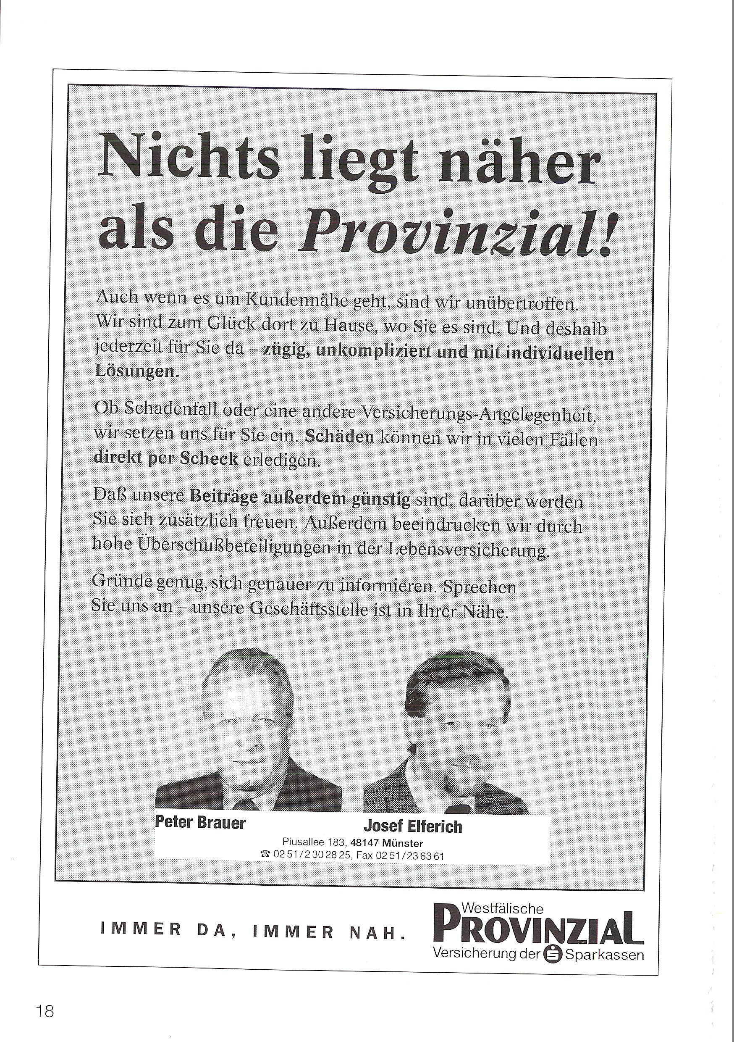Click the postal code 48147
pos(366,844)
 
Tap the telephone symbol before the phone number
pos(266,855)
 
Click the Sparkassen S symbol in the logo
pos(553,941)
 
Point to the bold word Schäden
pos(340,437)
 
